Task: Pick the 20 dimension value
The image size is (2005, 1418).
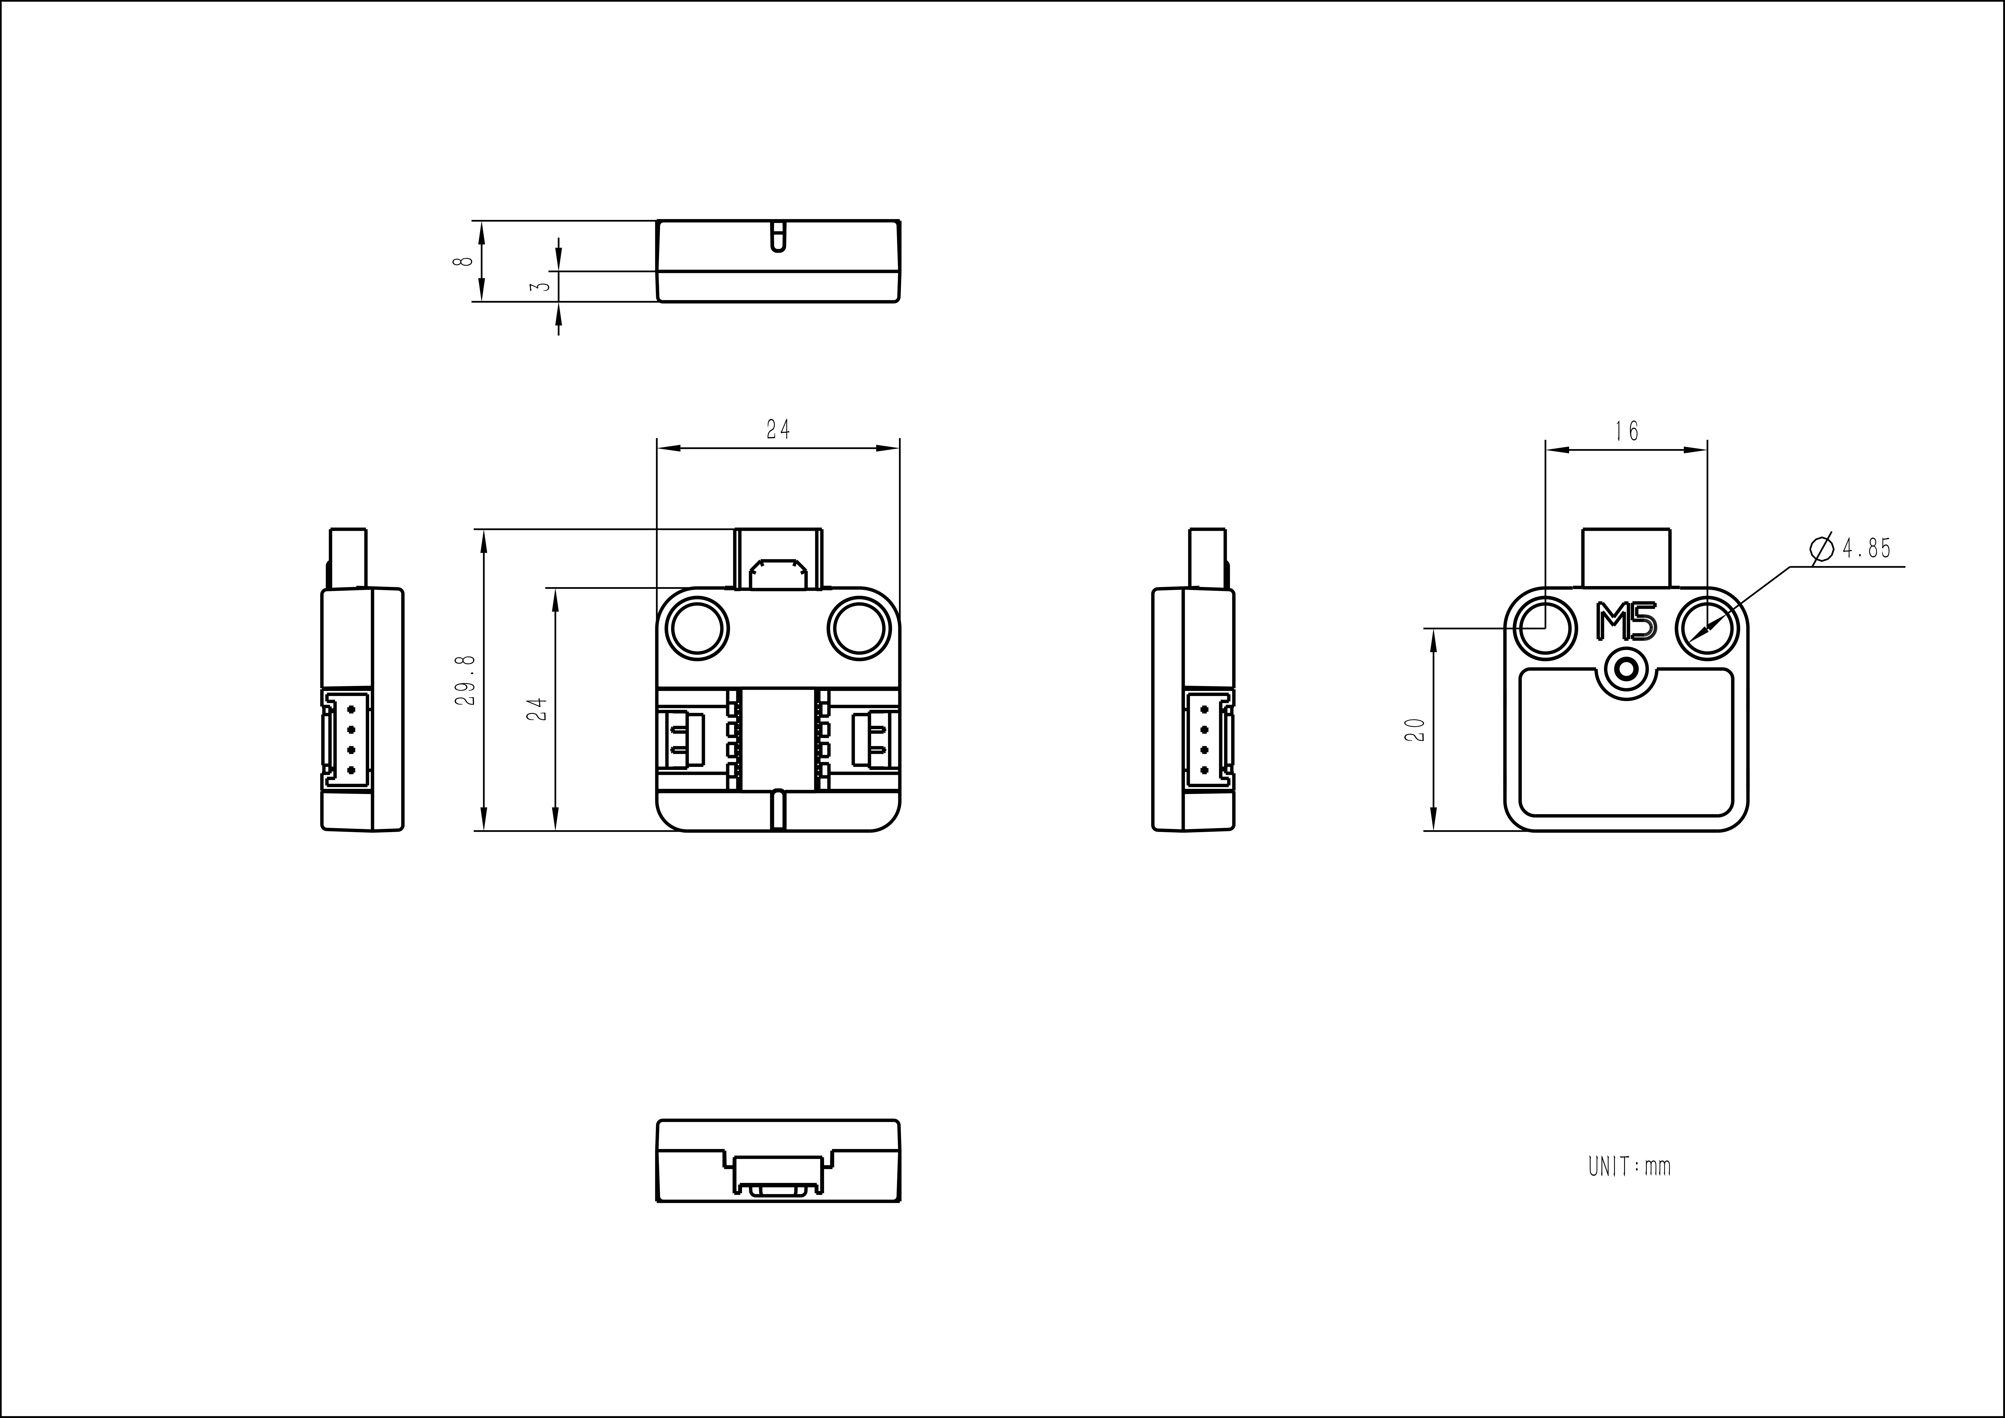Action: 1415,729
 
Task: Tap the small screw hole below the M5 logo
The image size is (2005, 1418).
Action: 1626,670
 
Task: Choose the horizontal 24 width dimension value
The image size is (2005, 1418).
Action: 778,430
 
